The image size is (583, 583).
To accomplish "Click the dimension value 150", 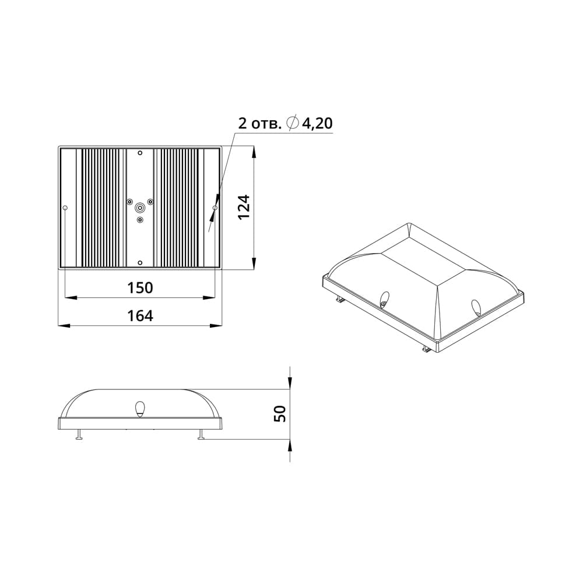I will point(140,287).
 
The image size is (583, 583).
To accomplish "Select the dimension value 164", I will point(140,315).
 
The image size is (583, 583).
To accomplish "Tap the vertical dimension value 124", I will point(244,207).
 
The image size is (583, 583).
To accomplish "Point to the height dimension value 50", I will point(280,414).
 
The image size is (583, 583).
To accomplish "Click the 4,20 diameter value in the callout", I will point(317,123).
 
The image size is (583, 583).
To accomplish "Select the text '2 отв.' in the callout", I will point(260,124).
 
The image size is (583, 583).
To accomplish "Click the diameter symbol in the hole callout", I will point(293,123).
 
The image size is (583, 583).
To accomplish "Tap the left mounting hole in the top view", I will point(65,208).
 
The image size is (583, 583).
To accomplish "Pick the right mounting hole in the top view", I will point(215,208).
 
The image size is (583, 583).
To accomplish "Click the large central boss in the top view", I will point(140,207).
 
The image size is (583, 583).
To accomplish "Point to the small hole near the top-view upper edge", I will point(140,153).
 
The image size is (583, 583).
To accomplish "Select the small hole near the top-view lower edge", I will point(140,263).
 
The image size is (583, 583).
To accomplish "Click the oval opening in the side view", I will point(140,409).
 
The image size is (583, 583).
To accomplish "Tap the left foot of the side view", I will point(78,436).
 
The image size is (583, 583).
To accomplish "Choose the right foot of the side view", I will point(201,436).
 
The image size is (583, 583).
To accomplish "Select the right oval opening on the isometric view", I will point(476,307).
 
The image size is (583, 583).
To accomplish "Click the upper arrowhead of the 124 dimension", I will point(254,153).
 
